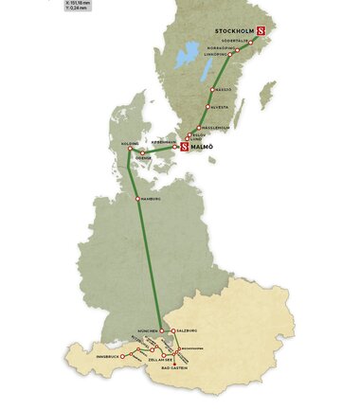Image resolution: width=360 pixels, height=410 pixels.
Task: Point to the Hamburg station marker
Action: click(137, 198)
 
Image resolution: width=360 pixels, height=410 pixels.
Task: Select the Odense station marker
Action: click(143, 153)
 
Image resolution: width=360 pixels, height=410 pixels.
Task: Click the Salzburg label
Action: click(187, 330)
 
